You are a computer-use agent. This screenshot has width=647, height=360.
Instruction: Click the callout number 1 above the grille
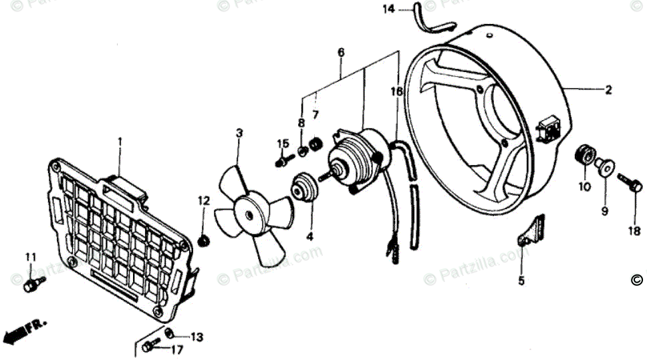(120, 142)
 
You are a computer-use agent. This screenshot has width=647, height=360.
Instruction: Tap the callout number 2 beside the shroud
(608, 89)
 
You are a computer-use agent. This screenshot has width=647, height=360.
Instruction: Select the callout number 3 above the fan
(239, 134)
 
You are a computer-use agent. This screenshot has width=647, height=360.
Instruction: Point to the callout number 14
(389, 9)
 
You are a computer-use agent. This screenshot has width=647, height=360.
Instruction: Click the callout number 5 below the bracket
(521, 281)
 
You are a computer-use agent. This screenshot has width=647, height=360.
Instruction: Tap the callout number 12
(204, 200)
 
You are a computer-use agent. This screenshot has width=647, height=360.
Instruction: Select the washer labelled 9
(605, 166)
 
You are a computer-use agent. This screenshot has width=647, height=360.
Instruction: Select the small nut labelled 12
(205, 239)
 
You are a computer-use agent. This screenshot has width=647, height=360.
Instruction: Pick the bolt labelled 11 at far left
(30, 285)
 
